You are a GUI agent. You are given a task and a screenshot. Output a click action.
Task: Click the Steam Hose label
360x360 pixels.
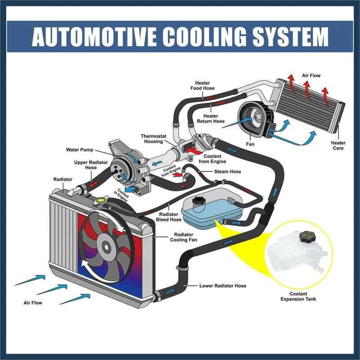coord(228,171)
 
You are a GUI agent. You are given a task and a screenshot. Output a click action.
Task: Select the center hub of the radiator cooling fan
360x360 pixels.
coord(107,246)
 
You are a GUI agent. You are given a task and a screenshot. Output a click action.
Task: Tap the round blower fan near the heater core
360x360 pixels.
coord(250,117)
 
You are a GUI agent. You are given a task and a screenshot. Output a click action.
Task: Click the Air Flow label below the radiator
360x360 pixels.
coord(33,303)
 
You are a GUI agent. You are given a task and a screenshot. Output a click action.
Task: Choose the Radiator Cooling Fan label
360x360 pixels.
coord(183,237)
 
